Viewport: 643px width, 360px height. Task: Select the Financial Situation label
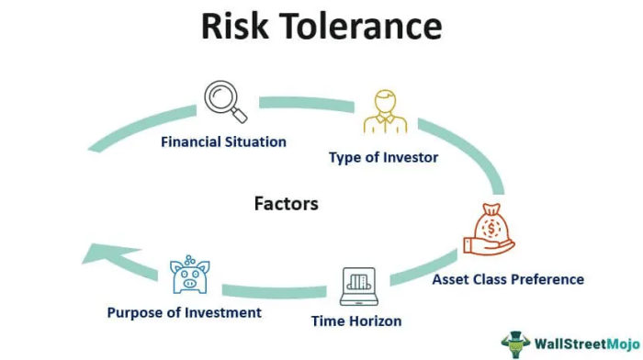pos(223,142)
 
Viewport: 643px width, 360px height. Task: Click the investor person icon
pos(384,113)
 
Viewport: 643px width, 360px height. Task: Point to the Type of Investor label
pos(383,158)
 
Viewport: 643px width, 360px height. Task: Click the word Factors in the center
pos(286,203)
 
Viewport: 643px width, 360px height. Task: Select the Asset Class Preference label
pos(508,279)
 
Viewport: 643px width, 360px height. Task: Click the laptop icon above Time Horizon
pos(360,287)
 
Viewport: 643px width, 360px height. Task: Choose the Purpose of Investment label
pos(184,312)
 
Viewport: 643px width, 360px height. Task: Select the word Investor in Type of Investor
pos(410,158)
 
